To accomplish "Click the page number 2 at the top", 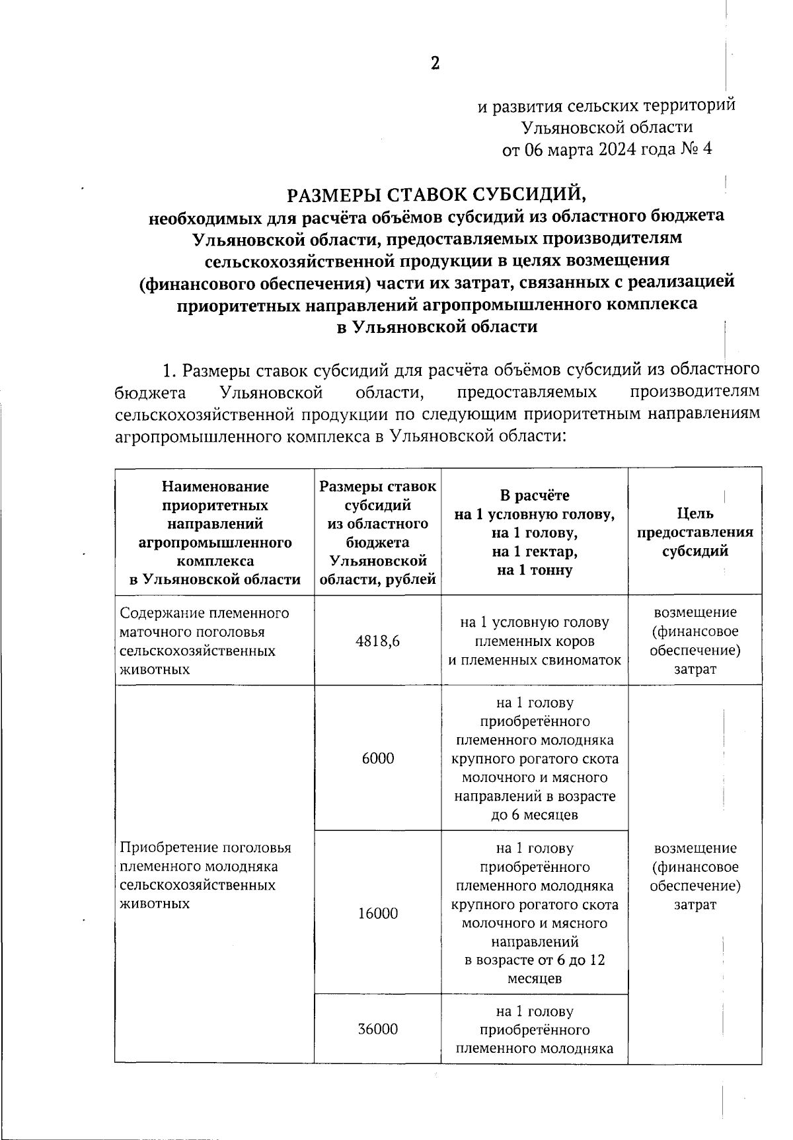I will coord(435,63).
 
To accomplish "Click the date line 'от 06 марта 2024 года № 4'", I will coord(607,149).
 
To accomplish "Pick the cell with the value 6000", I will coord(378,758).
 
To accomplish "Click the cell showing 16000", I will coord(378,913).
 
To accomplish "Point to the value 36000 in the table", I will coord(378,1029).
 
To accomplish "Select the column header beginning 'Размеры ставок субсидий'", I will coord(377,532).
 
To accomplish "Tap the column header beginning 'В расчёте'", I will coord(535,532).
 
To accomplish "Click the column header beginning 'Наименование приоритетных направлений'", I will coord(215,532).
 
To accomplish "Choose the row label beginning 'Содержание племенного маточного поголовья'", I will coord(204,641).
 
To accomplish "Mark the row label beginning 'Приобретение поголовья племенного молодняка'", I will coord(205,875).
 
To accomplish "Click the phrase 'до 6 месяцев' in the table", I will coord(535,814).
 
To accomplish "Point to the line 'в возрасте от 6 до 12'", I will coord(535,960).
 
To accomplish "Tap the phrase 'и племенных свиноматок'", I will coord(535,660).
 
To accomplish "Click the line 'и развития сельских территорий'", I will coord(607,106).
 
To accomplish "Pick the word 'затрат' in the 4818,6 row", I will coord(695,669).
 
